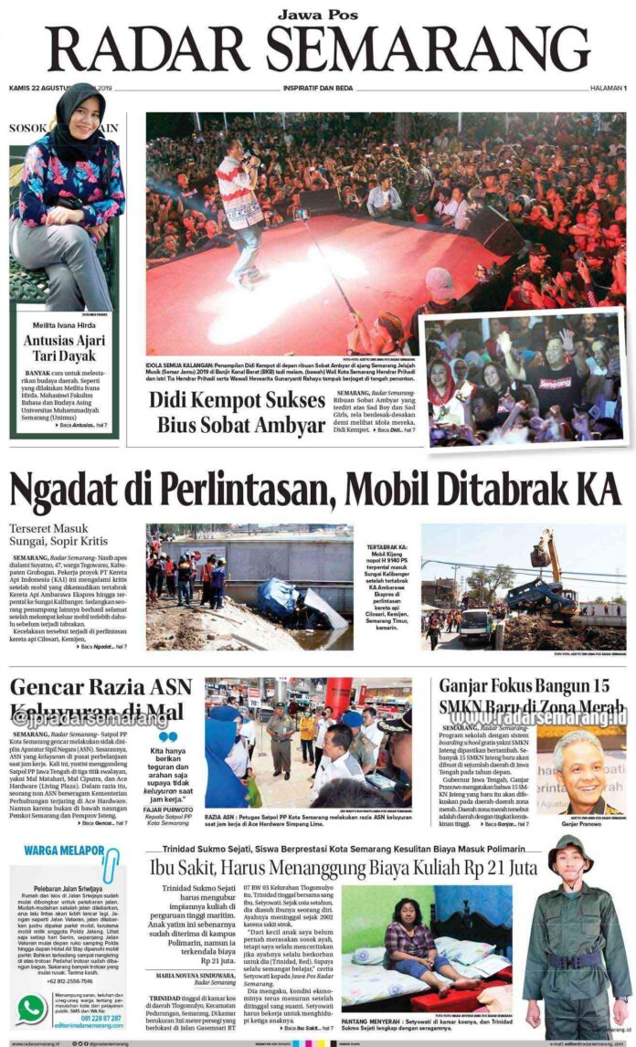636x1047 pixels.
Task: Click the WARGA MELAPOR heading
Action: pyautogui.click(x=59, y=851)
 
